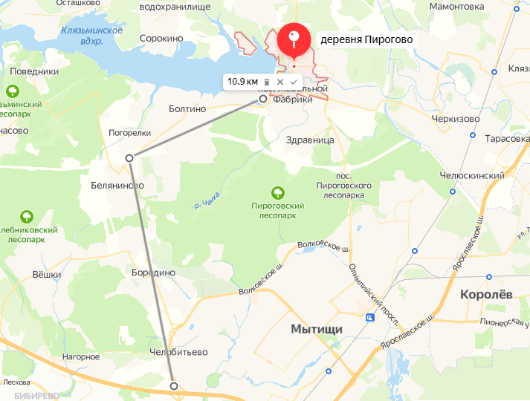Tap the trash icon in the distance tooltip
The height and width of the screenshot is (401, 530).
coord(266,82)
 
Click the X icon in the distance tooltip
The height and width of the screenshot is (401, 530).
coord(280,82)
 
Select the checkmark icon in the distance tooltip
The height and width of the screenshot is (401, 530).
coord(293,82)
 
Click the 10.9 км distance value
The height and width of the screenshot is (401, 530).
coord(242,82)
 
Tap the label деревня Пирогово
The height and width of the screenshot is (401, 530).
coord(366,40)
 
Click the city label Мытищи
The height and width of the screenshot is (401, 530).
coord(316,328)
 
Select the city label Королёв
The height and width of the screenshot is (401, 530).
coord(486,294)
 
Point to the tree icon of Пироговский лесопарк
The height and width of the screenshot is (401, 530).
coord(278,192)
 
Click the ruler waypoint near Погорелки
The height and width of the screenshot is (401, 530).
coord(129,157)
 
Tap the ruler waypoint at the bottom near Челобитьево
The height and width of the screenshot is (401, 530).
coord(174,385)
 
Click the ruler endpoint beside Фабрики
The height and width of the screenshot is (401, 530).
coord(262,98)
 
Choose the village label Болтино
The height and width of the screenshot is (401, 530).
coord(187,108)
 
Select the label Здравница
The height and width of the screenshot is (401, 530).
coord(310,140)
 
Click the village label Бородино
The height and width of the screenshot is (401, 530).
coord(152,273)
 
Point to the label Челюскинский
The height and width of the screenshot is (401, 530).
coord(473,176)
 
